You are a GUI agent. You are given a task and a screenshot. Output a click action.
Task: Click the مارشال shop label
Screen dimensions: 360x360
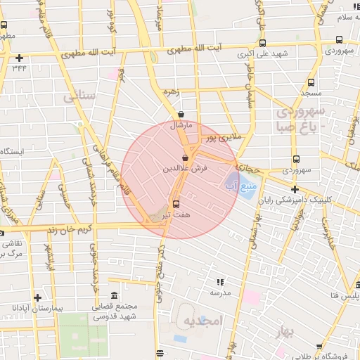tap(181, 125)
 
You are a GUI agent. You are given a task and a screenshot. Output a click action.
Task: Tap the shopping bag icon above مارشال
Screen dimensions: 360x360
tap(181, 114)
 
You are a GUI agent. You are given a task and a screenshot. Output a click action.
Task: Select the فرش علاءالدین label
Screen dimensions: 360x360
tap(186, 169)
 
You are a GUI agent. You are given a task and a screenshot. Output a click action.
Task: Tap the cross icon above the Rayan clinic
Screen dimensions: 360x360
tap(295, 189)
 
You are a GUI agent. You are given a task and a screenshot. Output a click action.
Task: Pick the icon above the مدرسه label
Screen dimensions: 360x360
tap(219, 282)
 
